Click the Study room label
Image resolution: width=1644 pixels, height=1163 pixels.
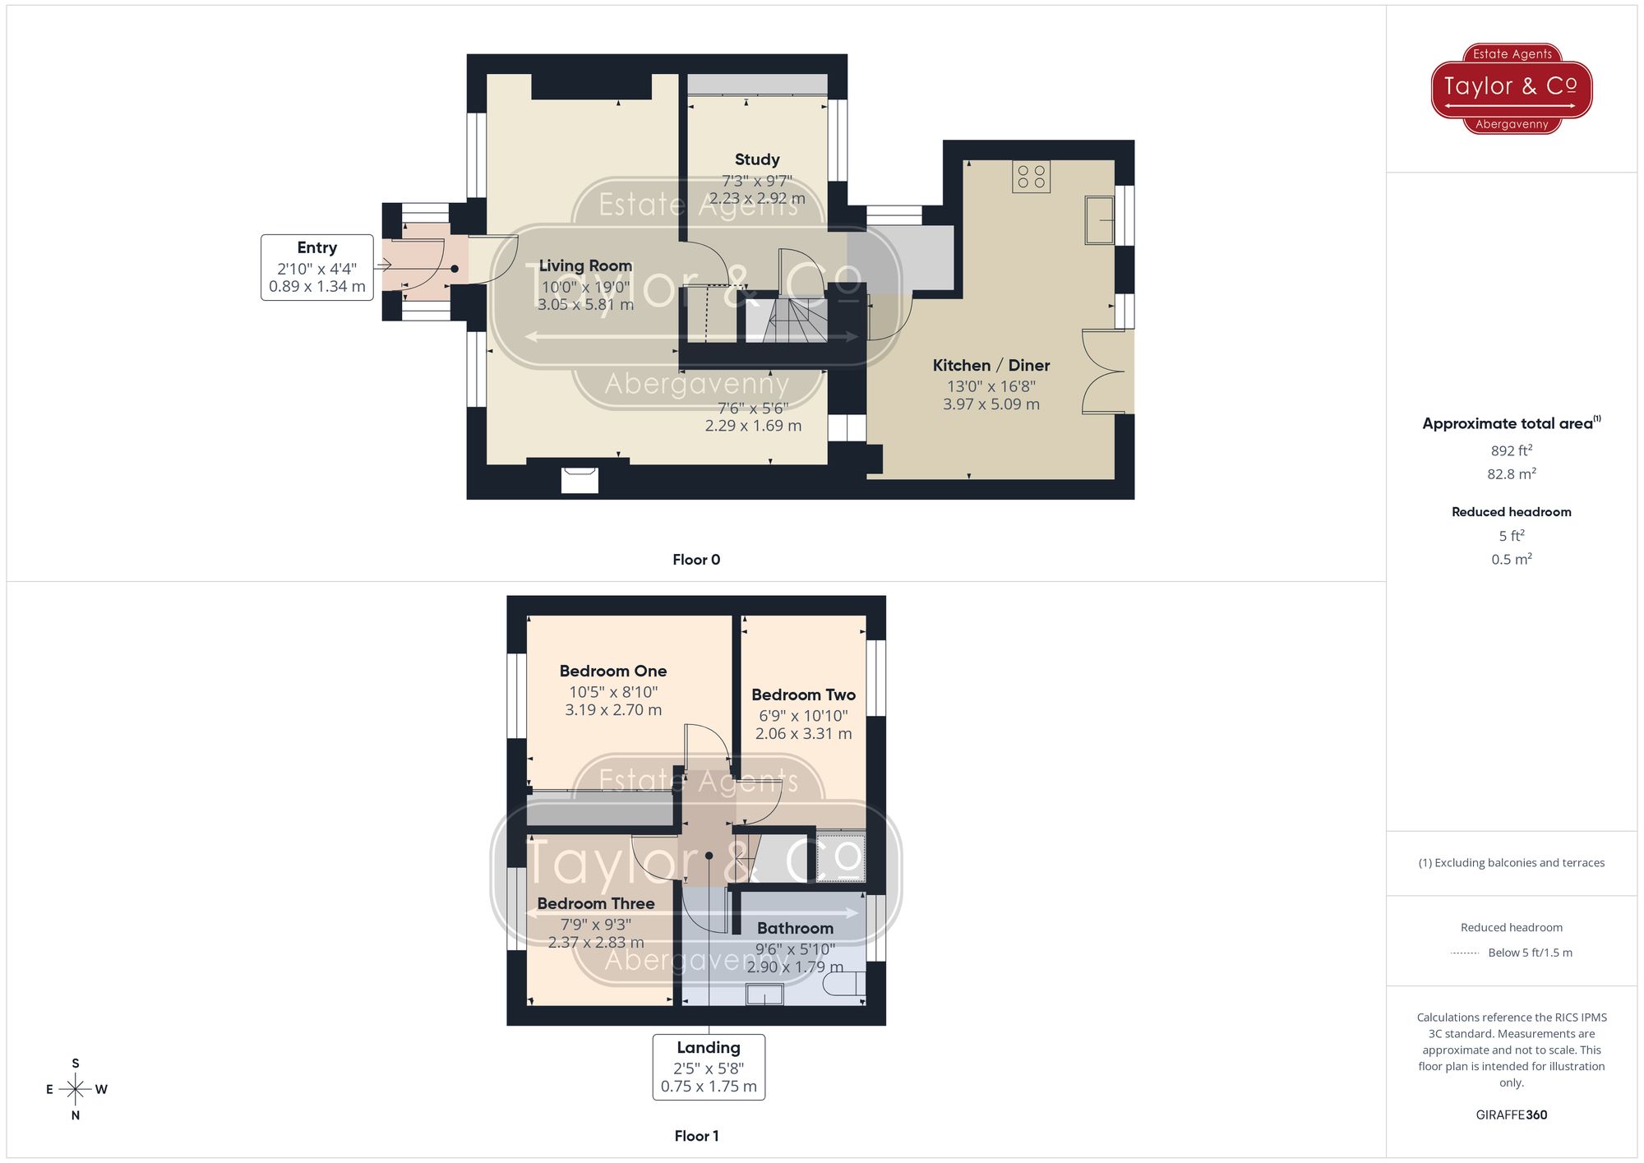pyautogui.click(x=756, y=159)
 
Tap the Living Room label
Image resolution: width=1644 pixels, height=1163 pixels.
pyautogui.click(x=585, y=265)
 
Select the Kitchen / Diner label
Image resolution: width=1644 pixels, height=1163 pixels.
pyautogui.click(x=991, y=365)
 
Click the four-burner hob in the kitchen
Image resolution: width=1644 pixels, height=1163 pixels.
pyautogui.click(x=1031, y=177)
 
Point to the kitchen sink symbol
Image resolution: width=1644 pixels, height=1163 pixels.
pyautogui.click(x=1098, y=219)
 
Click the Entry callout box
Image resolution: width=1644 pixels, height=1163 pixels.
pyautogui.click(x=317, y=267)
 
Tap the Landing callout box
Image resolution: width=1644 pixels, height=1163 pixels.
pyautogui.click(x=709, y=1066)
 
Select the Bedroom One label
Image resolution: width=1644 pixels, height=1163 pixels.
pyautogui.click(x=612, y=671)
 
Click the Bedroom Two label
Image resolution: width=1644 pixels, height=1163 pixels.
pyautogui.click(x=803, y=695)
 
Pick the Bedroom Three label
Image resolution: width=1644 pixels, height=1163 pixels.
pyautogui.click(x=596, y=903)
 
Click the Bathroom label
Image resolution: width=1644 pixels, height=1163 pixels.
pyautogui.click(x=795, y=928)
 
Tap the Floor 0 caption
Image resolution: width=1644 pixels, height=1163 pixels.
pyautogui.click(x=695, y=560)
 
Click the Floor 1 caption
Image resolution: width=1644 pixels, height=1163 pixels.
pyautogui.click(x=695, y=1136)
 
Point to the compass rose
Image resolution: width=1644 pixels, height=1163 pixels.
pyautogui.click(x=76, y=1090)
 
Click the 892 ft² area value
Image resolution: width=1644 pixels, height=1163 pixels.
pyautogui.click(x=1511, y=450)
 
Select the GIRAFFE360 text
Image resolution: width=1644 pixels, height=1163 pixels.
pyautogui.click(x=1511, y=1115)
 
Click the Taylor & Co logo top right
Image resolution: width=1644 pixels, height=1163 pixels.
pyautogui.click(x=1511, y=88)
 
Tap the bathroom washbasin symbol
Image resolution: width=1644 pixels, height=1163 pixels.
pyautogui.click(x=764, y=995)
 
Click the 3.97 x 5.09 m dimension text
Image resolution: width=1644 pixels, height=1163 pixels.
pyautogui.click(x=991, y=404)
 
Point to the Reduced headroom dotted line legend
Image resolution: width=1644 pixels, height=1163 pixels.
pyautogui.click(x=1465, y=953)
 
